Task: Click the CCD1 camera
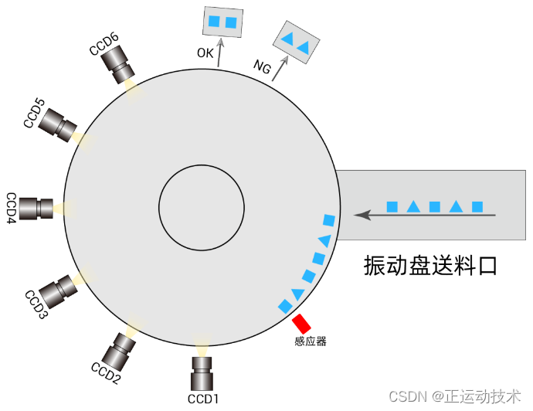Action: [202, 375]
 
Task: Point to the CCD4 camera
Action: [36, 208]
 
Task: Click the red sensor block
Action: [302, 324]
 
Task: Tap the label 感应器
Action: [311, 341]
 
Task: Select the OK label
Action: [205, 53]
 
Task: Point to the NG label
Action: [263, 67]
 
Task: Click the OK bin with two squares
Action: [222, 22]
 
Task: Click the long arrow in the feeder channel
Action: [429, 216]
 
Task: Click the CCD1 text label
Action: [204, 399]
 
